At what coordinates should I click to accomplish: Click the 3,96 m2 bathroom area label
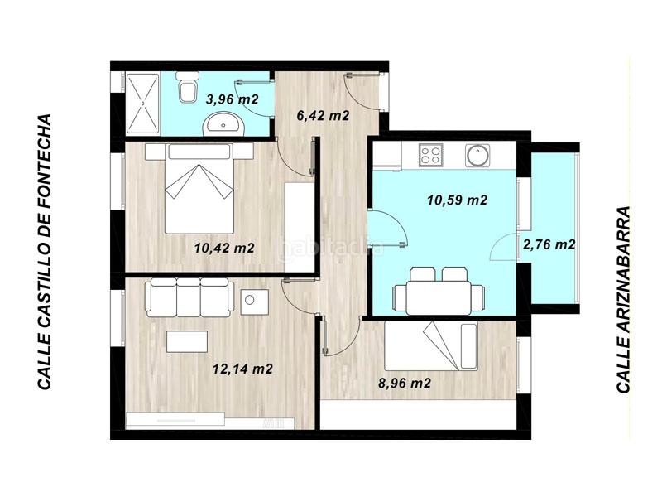[233, 99]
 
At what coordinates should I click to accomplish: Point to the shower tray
[142, 102]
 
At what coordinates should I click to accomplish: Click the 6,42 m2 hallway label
[323, 116]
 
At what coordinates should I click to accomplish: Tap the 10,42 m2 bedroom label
[224, 247]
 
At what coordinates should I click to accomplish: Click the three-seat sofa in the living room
[188, 296]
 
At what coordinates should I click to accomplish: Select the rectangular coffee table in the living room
[187, 341]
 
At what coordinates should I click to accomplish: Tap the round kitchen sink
[478, 155]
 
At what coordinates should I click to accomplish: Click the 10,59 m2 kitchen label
[456, 200]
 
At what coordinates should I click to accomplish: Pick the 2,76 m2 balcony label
[549, 244]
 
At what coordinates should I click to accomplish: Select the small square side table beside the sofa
[252, 300]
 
